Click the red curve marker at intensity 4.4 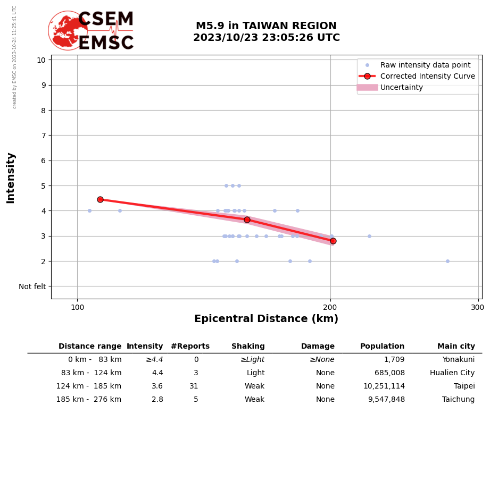point(100,199)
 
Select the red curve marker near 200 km point(333,241)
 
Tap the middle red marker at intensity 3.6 point(247,220)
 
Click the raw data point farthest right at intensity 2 point(447,261)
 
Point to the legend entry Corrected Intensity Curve point(427,76)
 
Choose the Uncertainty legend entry point(401,87)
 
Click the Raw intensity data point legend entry point(425,65)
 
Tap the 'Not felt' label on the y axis point(32,286)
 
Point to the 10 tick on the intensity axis point(41,60)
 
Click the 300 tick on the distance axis point(478,308)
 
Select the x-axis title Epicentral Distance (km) point(266,319)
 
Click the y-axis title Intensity point(11,178)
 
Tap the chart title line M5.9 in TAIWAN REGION point(266,26)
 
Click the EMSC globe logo point(68,30)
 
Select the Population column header point(382,346)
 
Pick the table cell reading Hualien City point(452,373)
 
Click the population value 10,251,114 point(384,386)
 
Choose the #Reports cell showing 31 point(194,386)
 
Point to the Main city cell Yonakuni point(458,360)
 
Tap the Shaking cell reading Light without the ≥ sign point(255,373)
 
